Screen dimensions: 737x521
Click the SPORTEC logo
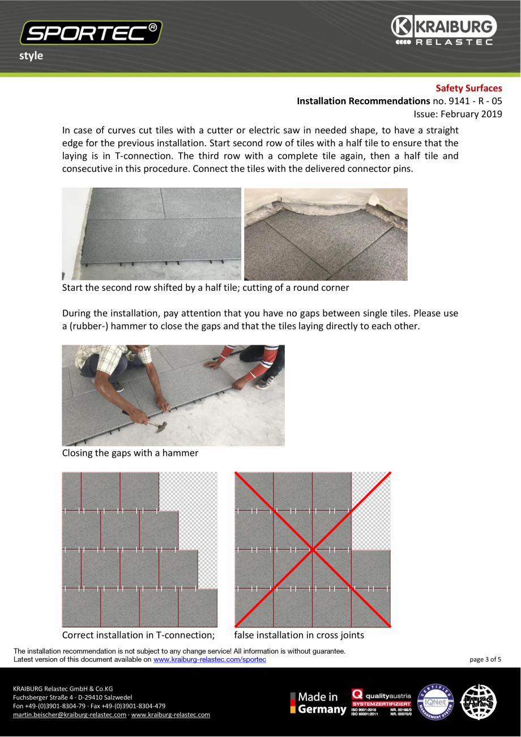91,33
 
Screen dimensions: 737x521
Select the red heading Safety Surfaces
468,88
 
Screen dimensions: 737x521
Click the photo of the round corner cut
326,234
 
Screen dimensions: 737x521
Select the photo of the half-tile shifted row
151,234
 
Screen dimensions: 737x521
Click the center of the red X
313,549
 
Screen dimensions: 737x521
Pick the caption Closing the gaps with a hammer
130,453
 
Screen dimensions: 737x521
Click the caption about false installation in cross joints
299,635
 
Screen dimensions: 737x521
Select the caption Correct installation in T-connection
138,635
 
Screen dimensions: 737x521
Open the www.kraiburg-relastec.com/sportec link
210,659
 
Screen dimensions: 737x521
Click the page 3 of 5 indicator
485,659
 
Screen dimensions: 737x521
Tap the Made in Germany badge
318,703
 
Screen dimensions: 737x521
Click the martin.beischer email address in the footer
70,715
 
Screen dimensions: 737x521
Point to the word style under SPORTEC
31,56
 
